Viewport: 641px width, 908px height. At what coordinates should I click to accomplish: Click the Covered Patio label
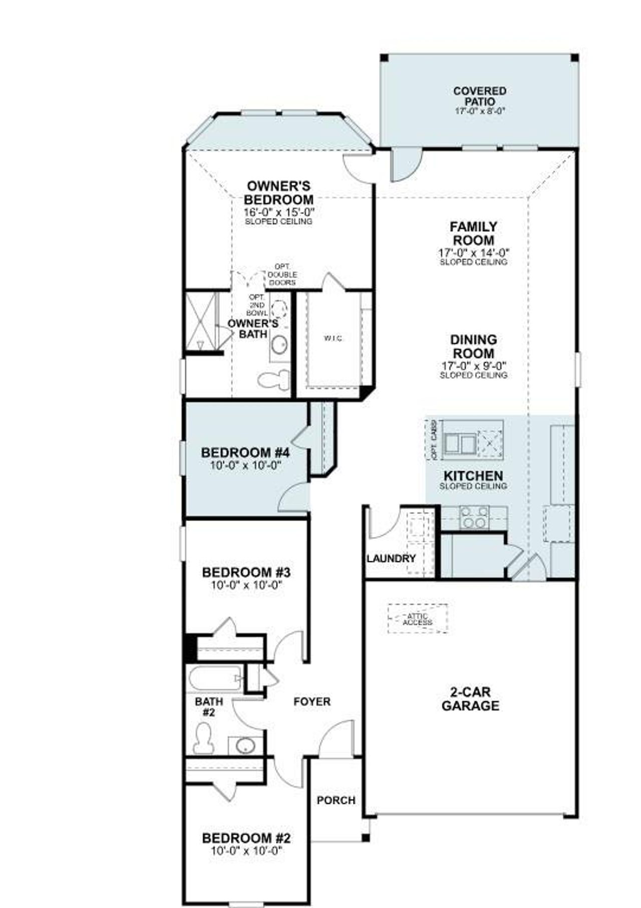pyautogui.click(x=479, y=96)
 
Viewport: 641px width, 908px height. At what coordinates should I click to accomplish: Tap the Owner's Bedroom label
pyautogui.click(x=279, y=193)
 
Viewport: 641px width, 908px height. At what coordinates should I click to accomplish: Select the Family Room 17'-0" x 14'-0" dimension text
pyautogui.click(x=473, y=253)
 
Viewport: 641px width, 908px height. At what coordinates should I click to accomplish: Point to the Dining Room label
pyautogui.click(x=473, y=346)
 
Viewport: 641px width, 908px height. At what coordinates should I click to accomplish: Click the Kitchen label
pyautogui.click(x=473, y=476)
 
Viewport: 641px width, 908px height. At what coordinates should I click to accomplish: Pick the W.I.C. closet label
pyautogui.click(x=333, y=339)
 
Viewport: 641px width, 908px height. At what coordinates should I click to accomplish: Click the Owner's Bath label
pyautogui.click(x=253, y=329)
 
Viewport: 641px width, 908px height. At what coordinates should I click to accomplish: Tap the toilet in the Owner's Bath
pyautogui.click(x=274, y=379)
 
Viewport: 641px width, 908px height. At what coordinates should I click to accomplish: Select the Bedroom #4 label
pyautogui.click(x=245, y=453)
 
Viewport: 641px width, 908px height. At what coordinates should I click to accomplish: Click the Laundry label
pyautogui.click(x=391, y=558)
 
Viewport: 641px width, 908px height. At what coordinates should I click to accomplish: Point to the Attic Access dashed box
pyautogui.click(x=418, y=619)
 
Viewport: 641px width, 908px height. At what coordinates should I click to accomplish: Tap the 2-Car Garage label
pyautogui.click(x=470, y=699)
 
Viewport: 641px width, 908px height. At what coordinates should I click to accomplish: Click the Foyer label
pyautogui.click(x=312, y=702)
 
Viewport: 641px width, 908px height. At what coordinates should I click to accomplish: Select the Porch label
pyautogui.click(x=336, y=801)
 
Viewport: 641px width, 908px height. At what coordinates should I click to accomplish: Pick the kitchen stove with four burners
pyautogui.click(x=474, y=517)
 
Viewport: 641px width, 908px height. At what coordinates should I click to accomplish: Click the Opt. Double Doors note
pyautogui.click(x=282, y=275)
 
